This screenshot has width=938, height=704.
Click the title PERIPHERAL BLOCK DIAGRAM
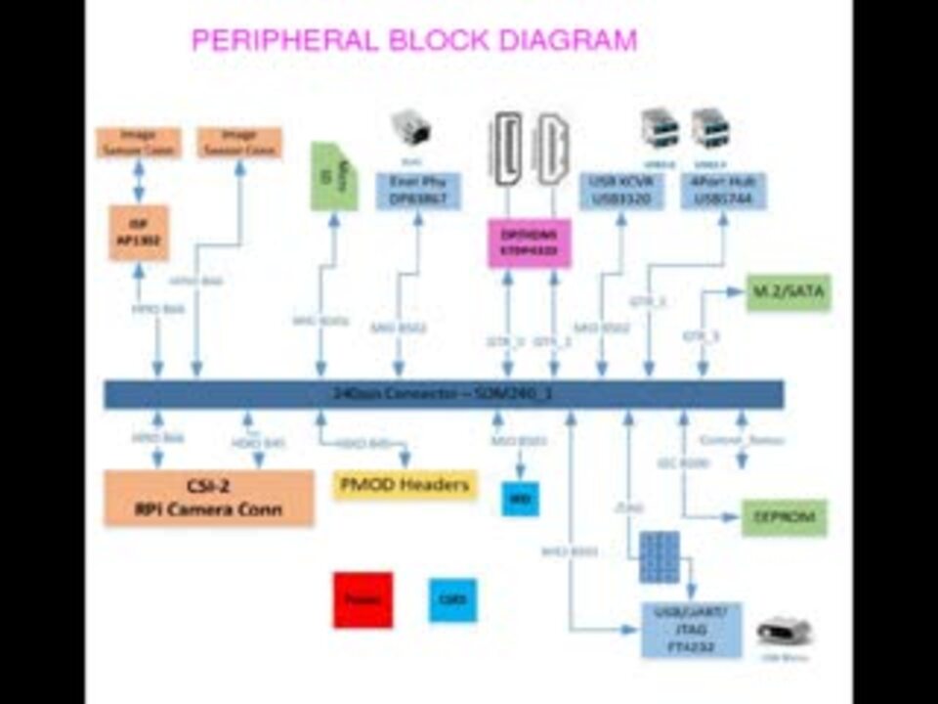413,41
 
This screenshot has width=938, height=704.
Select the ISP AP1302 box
139,234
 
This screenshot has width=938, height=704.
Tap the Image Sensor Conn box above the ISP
139,143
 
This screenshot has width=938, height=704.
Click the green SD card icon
333,177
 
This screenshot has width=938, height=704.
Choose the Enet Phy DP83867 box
418,191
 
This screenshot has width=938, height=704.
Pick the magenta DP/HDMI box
530,242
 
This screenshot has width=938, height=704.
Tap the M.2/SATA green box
788,291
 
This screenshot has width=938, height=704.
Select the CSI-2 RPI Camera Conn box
208,498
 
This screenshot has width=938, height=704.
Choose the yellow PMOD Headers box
405,485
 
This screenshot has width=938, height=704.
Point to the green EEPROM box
784,516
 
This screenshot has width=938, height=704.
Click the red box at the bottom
362,599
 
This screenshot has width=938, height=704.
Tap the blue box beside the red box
452,599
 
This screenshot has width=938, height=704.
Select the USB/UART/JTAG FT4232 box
691,630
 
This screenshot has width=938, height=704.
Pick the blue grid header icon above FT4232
660,557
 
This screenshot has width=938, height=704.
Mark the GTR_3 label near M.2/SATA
701,335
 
